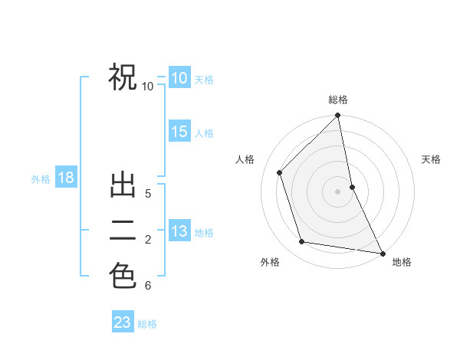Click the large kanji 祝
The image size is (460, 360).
[123, 77]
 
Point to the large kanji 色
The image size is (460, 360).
[123, 276]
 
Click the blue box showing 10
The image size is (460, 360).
[179, 78]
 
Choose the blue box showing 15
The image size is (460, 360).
[179, 132]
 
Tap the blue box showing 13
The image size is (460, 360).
[179, 231]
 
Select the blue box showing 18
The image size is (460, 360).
[66, 178]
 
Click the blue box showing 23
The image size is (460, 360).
[123, 322]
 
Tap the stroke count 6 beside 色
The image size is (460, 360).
[148, 286]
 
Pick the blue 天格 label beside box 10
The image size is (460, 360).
[204, 80]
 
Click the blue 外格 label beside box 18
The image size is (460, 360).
[41, 179]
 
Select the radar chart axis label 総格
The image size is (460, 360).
[338, 100]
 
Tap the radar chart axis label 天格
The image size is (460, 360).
[432, 159]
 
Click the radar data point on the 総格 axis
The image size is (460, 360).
[338, 116]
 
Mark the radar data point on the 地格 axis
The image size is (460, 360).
[382, 253]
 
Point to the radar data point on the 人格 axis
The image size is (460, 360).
[280, 172]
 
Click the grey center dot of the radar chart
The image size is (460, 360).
[337, 191]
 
